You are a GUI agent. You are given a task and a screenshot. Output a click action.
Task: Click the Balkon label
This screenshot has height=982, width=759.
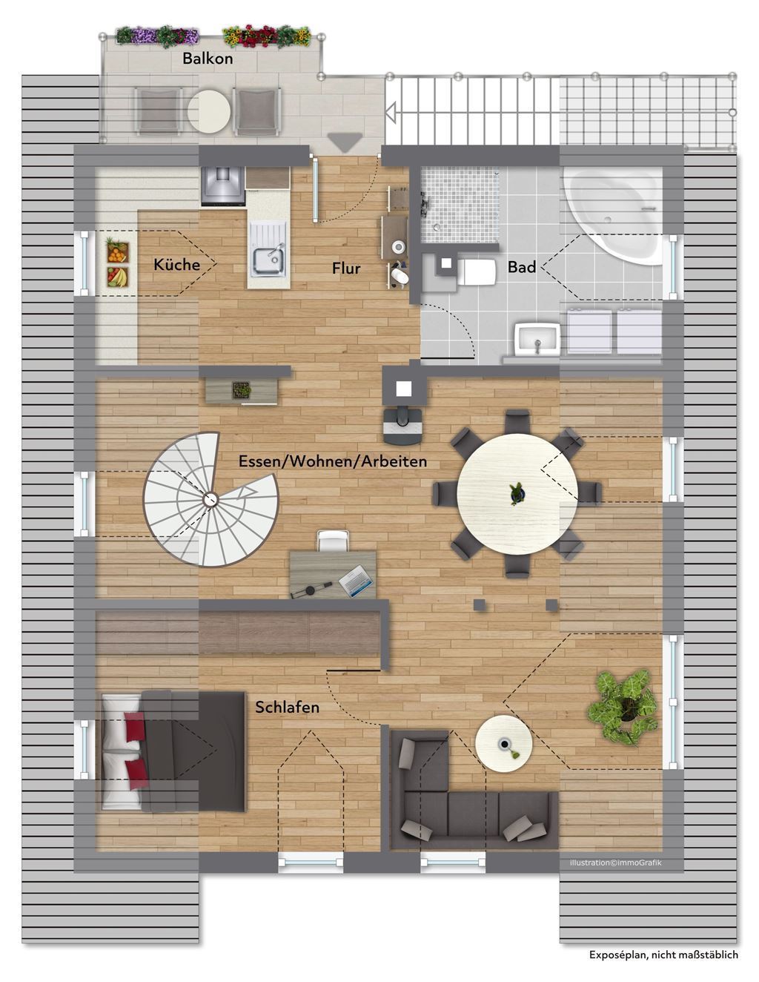[x=208, y=59]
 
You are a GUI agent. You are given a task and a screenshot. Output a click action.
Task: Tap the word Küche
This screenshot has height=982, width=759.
[x=176, y=264]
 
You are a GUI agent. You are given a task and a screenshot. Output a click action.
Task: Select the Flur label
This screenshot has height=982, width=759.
[x=346, y=268]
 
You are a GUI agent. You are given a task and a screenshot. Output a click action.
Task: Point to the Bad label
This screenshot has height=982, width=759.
[x=522, y=267]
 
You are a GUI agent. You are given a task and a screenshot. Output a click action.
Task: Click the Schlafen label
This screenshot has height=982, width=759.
[x=287, y=708]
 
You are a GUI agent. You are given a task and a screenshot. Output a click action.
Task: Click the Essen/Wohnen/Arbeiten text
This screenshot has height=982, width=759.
[x=332, y=461]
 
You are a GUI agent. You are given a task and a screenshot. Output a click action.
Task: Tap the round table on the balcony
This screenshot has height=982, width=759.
[x=209, y=111]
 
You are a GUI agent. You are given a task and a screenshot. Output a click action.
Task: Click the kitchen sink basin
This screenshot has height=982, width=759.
[x=268, y=262]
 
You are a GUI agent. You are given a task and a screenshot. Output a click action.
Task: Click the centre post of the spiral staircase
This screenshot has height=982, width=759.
[x=211, y=500]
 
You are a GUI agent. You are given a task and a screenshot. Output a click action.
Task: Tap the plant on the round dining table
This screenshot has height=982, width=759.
[x=517, y=492]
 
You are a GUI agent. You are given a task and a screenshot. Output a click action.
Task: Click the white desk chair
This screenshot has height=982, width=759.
[x=334, y=540]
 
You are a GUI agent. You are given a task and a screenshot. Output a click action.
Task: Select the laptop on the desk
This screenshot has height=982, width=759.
[x=357, y=581]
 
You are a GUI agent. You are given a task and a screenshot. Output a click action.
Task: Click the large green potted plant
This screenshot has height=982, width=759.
[x=623, y=708]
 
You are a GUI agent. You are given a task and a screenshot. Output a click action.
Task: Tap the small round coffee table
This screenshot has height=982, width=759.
[x=503, y=743]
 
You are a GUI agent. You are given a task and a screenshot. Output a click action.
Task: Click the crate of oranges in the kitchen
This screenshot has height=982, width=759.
[x=117, y=251]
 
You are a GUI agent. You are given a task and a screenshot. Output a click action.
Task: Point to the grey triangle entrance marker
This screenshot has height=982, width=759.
[x=345, y=142]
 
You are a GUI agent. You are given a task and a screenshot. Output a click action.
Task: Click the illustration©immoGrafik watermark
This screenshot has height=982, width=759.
[x=615, y=863]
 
